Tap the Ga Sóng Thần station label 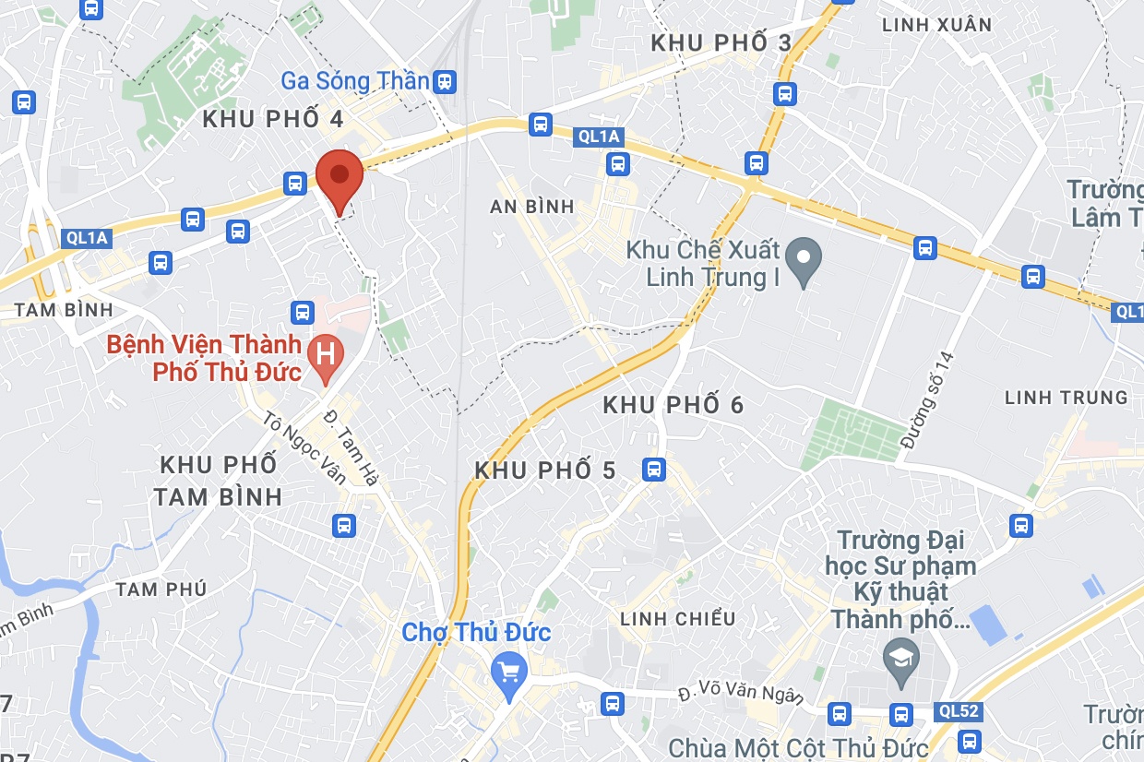tap(354, 81)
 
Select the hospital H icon tap(325, 352)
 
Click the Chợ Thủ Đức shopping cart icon tap(507, 671)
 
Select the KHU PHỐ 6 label tap(673, 405)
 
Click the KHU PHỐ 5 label tap(544, 470)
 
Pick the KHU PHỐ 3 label tap(721, 43)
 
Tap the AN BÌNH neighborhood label tap(532, 207)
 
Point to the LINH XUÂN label tap(936, 25)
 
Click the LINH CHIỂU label tap(678, 618)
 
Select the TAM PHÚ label tap(161, 589)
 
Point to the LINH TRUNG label tap(1066, 398)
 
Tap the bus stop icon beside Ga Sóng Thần tap(446, 82)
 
